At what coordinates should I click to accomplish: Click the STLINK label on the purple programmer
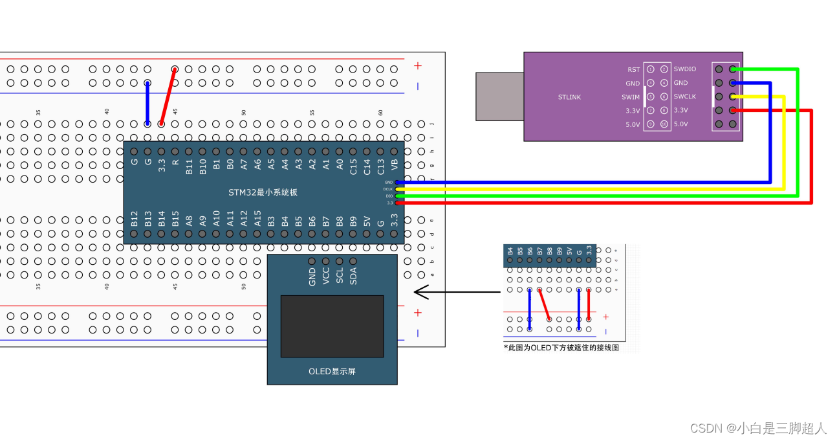point(569,97)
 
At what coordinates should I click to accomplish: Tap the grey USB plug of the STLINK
point(499,96)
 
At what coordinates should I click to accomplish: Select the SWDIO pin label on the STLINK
point(685,69)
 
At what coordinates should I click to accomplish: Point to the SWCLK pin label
point(685,96)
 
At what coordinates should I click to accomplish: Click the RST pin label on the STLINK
point(633,69)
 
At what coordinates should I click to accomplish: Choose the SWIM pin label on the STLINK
point(631,97)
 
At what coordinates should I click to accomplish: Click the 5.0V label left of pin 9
point(632,124)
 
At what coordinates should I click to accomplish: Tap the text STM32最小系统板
point(263,192)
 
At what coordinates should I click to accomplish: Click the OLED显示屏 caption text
point(332,372)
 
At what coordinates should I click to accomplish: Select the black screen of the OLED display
point(332,326)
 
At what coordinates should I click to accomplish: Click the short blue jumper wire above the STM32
point(147,103)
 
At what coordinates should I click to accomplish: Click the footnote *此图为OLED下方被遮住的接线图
point(561,348)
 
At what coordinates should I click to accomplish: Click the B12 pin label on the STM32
point(135,218)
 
